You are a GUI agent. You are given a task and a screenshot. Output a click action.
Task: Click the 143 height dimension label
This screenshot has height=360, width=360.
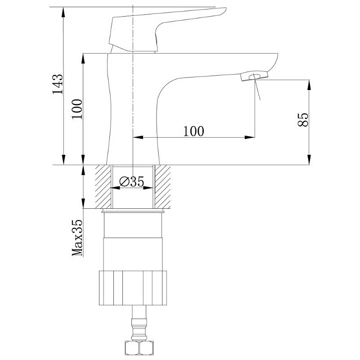pyautogui.click(x=58, y=84)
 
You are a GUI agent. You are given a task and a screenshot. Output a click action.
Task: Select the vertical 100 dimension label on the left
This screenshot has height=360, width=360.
pyautogui.click(x=77, y=109)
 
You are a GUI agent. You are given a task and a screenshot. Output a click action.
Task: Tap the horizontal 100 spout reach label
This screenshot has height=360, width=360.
pyautogui.click(x=193, y=131)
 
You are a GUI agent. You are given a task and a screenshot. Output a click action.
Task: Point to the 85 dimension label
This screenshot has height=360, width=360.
pyautogui.click(x=303, y=120)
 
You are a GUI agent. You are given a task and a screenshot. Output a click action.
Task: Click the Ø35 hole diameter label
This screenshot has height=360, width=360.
pyautogui.click(x=132, y=182)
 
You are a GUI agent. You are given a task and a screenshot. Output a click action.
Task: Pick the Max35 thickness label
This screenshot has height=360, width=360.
pyautogui.click(x=77, y=238)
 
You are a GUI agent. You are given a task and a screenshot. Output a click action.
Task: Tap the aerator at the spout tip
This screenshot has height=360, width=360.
pyautogui.click(x=254, y=76)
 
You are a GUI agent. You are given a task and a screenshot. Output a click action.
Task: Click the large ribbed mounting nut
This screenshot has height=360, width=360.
pyautogui.click(x=133, y=288)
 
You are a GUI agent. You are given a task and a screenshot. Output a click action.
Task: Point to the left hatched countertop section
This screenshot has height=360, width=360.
pyautogui.click(x=103, y=187)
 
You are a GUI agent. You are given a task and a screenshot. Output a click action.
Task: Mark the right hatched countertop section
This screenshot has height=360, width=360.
pyautogui.click(x=163, y=187)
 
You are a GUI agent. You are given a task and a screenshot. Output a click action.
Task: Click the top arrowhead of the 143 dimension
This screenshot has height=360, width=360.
pyautogui.click(x=63, y=13)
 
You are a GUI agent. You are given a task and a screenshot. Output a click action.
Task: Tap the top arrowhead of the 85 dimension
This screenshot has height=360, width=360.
pyautogui.click(x=309, y=85)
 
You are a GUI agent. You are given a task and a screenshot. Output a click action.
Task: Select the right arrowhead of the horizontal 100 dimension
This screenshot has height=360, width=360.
pyautogui.click(x=250, y=137)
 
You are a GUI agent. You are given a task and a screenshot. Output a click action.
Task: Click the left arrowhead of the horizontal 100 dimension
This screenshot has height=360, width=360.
pyautogui.click(x=138, y=137)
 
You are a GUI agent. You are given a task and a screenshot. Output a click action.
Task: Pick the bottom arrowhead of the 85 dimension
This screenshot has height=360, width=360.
pyautogui.click(x=309, y=160)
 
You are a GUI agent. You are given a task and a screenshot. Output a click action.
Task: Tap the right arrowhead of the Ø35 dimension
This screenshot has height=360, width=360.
pyautogui.click(x=148, y=188)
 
